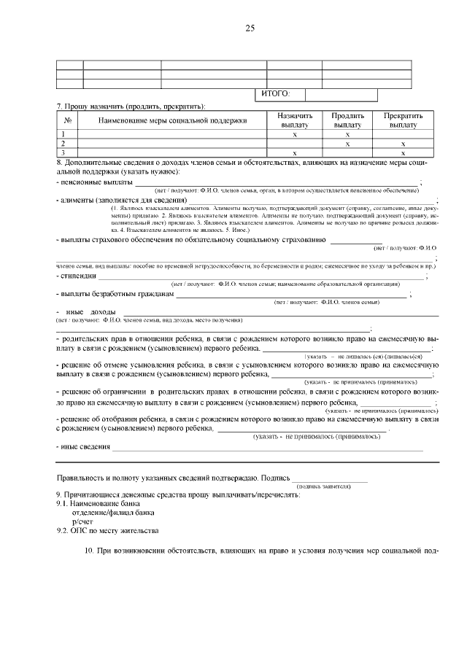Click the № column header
67,120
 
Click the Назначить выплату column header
295,120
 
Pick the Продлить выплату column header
347,120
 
